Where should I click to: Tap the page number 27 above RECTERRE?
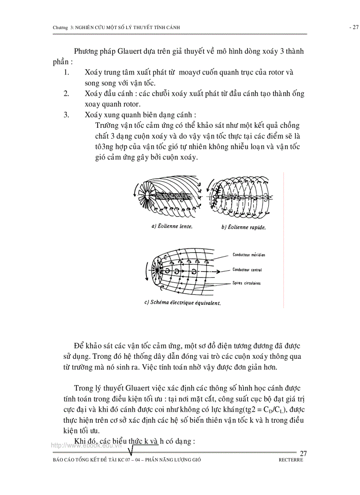[x=303, y=453]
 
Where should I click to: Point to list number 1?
[x=66, y=72]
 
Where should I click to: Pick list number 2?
[x=66, y=93]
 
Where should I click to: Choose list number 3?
[x=66, y=115]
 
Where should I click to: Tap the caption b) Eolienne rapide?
[x=244, y=227]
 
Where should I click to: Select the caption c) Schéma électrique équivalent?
[x=182, y=303]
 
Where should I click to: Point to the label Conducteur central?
[x=247, y=269]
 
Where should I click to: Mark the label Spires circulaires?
[x=246, y=283]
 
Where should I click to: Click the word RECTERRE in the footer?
[x=291, y=459]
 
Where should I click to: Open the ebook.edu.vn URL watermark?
[x=86, y=445]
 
